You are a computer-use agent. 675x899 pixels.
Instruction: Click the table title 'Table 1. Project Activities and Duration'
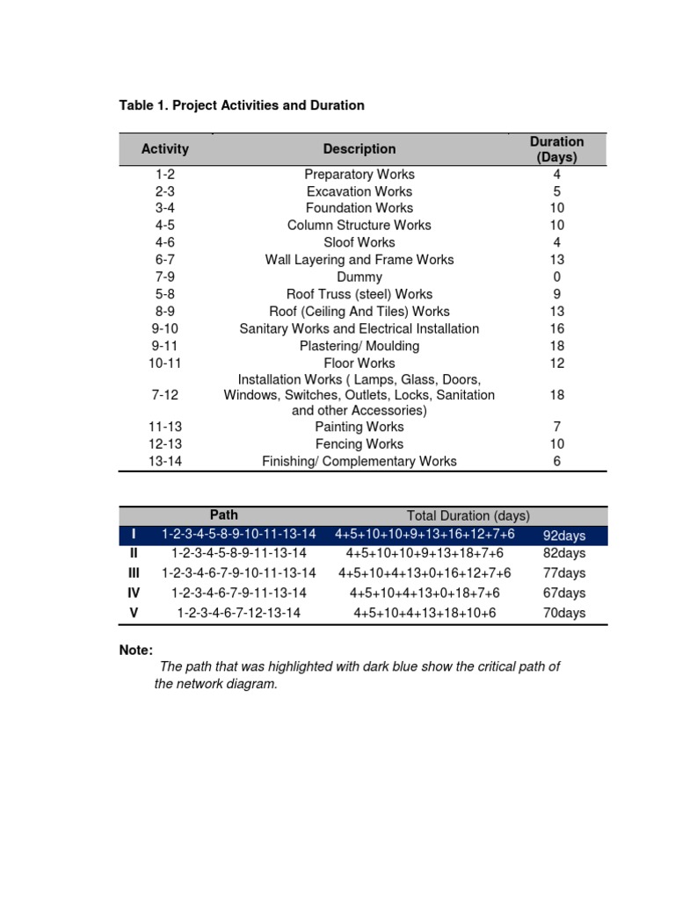click(241, 105)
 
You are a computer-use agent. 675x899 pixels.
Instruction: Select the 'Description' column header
click(359, 149)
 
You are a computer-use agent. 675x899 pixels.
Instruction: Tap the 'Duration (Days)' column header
click(556, 149)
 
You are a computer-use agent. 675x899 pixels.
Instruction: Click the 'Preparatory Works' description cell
click(359, 175)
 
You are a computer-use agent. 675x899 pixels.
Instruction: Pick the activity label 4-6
click(165, 242)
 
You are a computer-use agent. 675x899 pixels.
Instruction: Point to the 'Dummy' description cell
click(359, 277)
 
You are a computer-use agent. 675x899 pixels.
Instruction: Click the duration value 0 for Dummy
click(556, 277)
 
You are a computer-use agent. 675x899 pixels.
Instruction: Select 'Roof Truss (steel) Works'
click(359, 294)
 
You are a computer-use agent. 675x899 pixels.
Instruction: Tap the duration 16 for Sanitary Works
click(556, 328)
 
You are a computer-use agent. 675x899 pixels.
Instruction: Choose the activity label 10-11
click(165, 363)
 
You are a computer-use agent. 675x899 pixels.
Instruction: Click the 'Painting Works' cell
click(359, 427)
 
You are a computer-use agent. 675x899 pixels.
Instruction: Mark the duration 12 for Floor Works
click(556, 363)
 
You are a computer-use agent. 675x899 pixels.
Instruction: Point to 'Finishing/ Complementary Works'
click(359, 461)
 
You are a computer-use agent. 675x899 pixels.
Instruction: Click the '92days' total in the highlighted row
click(564, 536)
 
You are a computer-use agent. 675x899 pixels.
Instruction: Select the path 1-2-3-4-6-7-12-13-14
click(239, 613)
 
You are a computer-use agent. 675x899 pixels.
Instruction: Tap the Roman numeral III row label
click(134, 573)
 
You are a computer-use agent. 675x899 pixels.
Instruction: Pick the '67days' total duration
click(564, 593)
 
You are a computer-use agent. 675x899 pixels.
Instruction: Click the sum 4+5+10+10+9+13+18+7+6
click(425, 553)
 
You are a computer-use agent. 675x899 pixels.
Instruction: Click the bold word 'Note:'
click(136, 651)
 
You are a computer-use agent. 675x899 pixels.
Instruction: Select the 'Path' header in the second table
click(224, 515)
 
